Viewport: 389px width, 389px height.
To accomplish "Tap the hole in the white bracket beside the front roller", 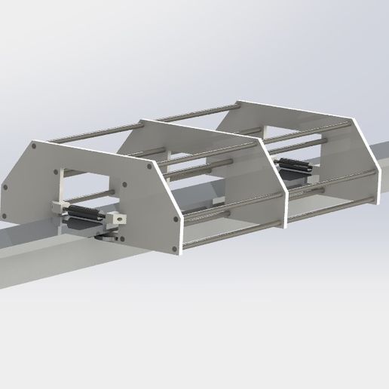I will pyautogui.click(x=118, y=219).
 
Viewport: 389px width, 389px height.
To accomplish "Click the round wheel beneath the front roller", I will pyautogui.click(x=109, y=237).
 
